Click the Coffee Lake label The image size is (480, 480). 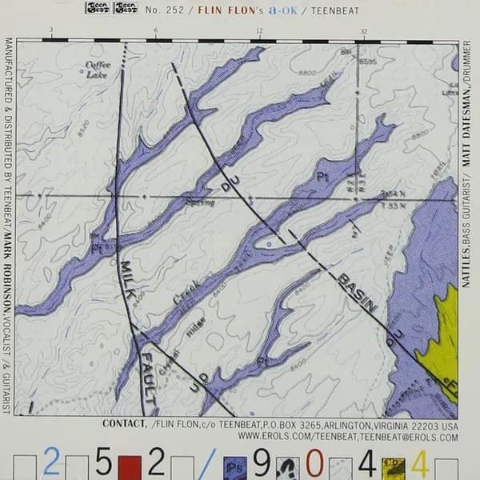pyautogui.click(x=97, y=70)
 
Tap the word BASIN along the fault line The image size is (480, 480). pyautogui.click(x=357, y=292)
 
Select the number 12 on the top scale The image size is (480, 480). pyautogui.click(x=259, y=30)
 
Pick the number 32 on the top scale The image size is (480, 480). pyautogui.click(x=364, y=30)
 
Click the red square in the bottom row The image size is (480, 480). pyautogui.click(x=129, y=464)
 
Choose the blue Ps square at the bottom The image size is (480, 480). pyautogui.click(x=234, y=464)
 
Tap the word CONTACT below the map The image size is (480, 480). pyautogui.click(x=124, y=424)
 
